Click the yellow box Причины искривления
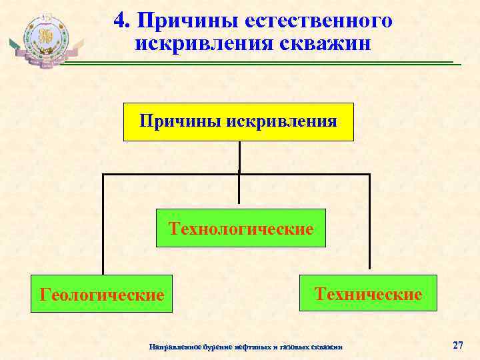[x=239, y=122]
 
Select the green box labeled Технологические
[x=241, y=229]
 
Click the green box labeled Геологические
[x=101, y=294]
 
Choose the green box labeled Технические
[x=368, y=293]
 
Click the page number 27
[x=457, y=345]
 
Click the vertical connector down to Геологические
[x=103, y=224]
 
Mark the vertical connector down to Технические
[x=369, y=224]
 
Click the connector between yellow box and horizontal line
[x=239, y=157]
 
